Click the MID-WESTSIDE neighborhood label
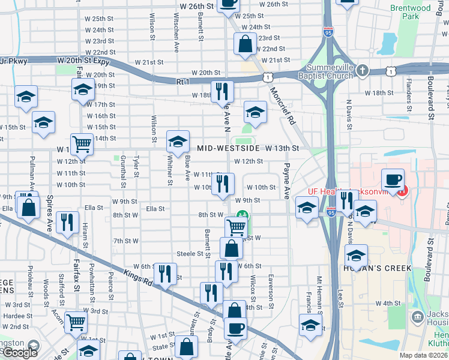click(x=228, y=148)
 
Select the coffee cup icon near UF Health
click(x=393, y=179)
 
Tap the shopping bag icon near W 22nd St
click(x=245, y=44)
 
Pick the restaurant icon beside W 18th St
click(x=222, y=91)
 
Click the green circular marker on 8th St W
click(x=243, y=214)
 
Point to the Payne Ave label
click(x=287, y=182)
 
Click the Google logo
click(x=20, y=353)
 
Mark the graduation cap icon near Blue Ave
click(x=177, y=142)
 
